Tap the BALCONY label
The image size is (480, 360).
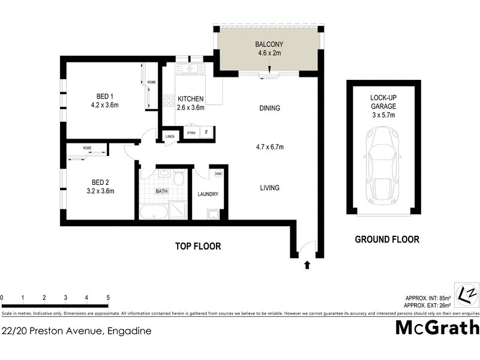point(269,44)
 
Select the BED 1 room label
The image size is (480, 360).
point(105,96)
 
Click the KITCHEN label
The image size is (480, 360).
point(191,99)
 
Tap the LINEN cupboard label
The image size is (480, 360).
point(170,137)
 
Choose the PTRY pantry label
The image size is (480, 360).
point(191,133)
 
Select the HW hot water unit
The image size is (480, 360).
point(218,174)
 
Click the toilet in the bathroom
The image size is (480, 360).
point(178,179)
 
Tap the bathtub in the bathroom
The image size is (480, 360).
point(154,212)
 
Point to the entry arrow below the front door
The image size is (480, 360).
point(307,264)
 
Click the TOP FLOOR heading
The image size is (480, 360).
point(198,246)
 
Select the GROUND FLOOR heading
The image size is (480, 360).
point(387,239)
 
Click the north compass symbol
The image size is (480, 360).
point(466,295)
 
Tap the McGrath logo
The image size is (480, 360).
point(437,328)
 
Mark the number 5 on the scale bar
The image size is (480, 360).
point(108,298)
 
